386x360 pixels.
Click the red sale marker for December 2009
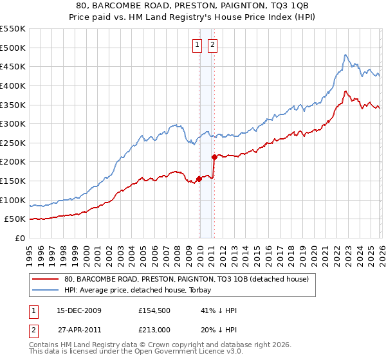coord(199,179)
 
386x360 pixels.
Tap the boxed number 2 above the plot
coord(212,45)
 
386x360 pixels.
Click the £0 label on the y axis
coord(20,238)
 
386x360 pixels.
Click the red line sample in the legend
coord(45,279)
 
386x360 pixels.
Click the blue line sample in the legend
coord(45,290)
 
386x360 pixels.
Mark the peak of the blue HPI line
coord(345,55)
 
